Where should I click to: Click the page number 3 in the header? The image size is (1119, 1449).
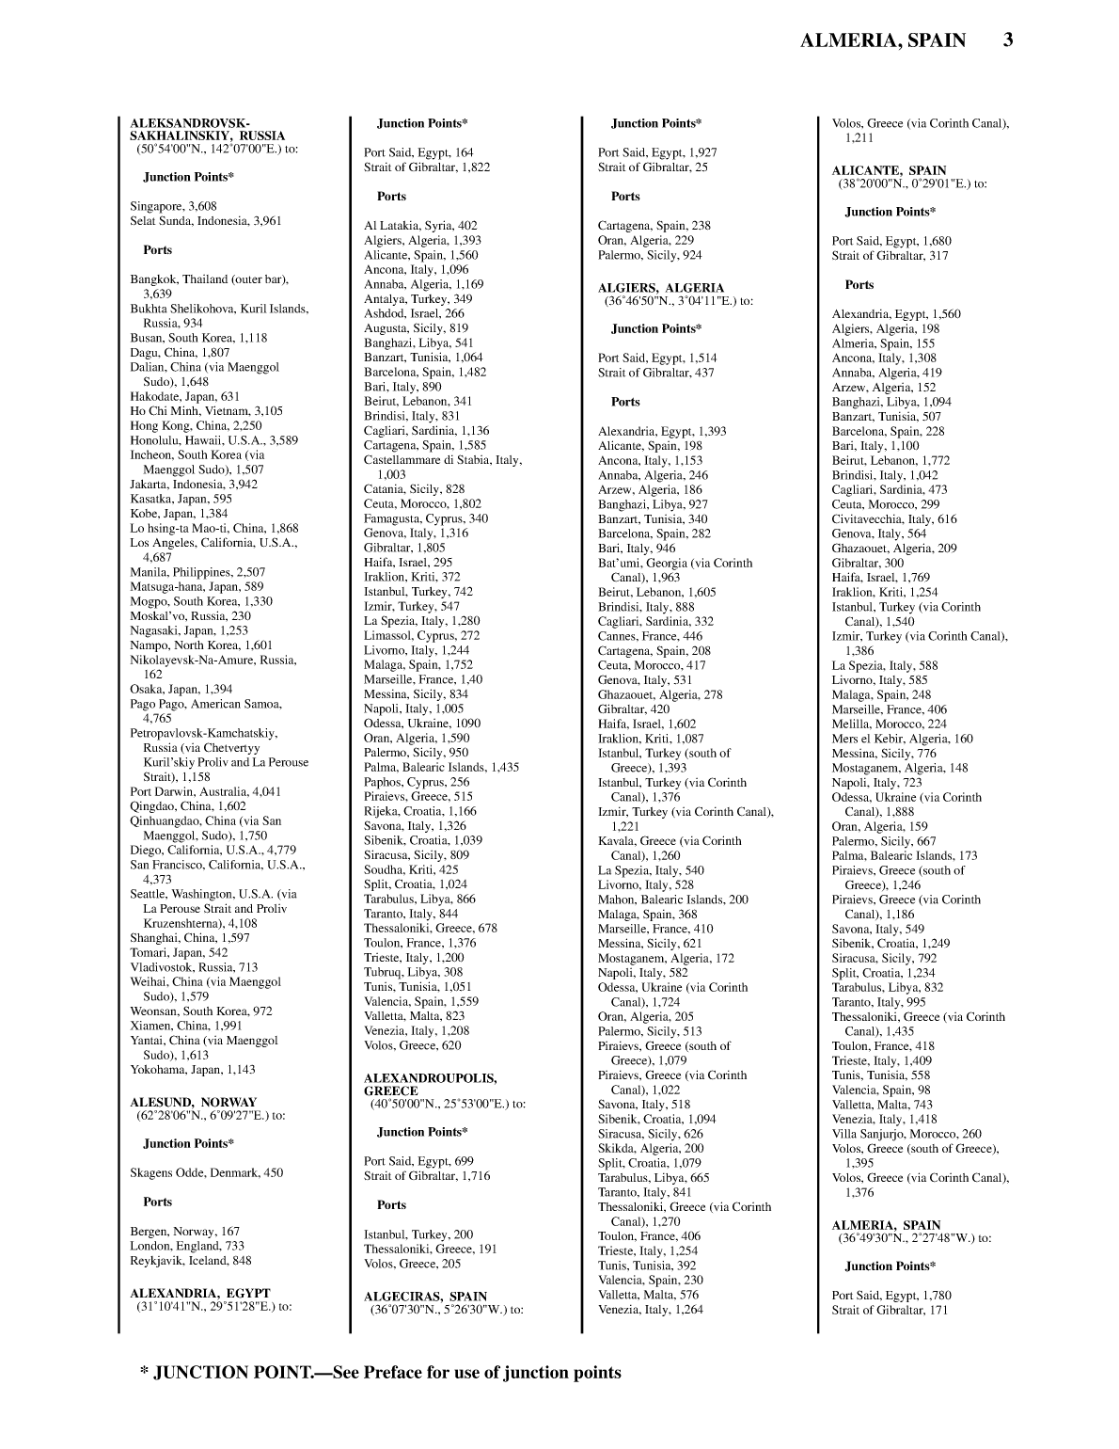[x=1007, y=40]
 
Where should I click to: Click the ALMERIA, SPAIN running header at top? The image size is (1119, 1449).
[x=882, y=40]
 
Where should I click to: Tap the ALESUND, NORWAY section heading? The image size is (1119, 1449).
[x=193, y=1102]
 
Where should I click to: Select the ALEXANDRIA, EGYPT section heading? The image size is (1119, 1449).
[x=199, y=1293]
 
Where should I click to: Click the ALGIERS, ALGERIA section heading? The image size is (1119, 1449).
[x=661, y=288]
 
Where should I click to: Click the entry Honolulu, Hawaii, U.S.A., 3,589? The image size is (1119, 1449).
[x=213, y=439]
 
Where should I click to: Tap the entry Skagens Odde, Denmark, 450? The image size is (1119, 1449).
[x=206, y=1172]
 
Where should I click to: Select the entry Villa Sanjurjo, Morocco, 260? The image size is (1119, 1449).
[x=906, y=1134]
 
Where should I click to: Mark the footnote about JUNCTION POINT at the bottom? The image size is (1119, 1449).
[x=381, y=1372]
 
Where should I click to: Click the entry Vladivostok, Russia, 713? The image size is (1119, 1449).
[x=194, y=966]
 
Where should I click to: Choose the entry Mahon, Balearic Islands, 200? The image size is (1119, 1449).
[x=673, y=900]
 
